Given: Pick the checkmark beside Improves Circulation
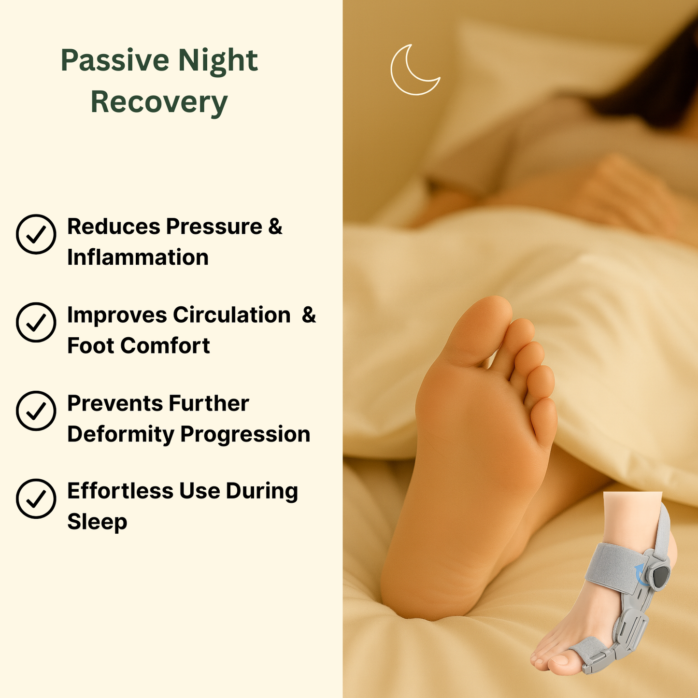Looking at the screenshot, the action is (36, 322).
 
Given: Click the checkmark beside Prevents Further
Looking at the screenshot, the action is (36, 411).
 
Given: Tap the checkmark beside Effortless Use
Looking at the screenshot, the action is (36, 499).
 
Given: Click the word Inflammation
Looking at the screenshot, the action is (138, 257).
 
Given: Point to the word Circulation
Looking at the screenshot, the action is (232, 314).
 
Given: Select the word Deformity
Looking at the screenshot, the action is (121, 435).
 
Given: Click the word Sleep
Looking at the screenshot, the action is (97, 522).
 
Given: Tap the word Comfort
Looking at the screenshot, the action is (165, 345).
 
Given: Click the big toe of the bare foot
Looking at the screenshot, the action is (478, 326).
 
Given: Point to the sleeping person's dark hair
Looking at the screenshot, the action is (652, 80).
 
